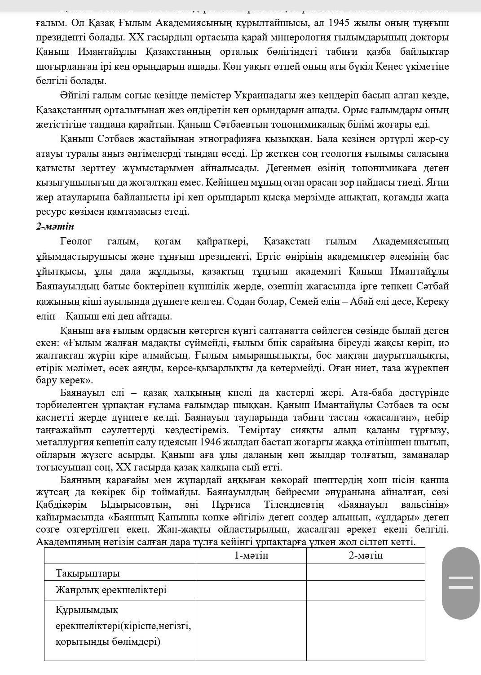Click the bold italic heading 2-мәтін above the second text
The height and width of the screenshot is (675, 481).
(x=55, y=226)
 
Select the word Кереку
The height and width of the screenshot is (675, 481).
(x=432, y=301)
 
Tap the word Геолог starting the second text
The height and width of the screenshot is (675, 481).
(x=76, y=241)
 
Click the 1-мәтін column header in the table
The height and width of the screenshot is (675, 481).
(x=251, y=555)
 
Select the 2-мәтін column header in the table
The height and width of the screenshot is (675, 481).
(x=366, y=555)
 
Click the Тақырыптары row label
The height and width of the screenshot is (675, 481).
(x=88, y=573)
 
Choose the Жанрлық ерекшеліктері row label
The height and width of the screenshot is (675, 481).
(x=110, y=590)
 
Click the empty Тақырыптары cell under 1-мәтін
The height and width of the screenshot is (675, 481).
(x=251, y=573)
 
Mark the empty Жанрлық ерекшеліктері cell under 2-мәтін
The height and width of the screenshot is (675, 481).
(x=366, y=590)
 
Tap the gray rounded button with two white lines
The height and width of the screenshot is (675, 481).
(x=460, y=583)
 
